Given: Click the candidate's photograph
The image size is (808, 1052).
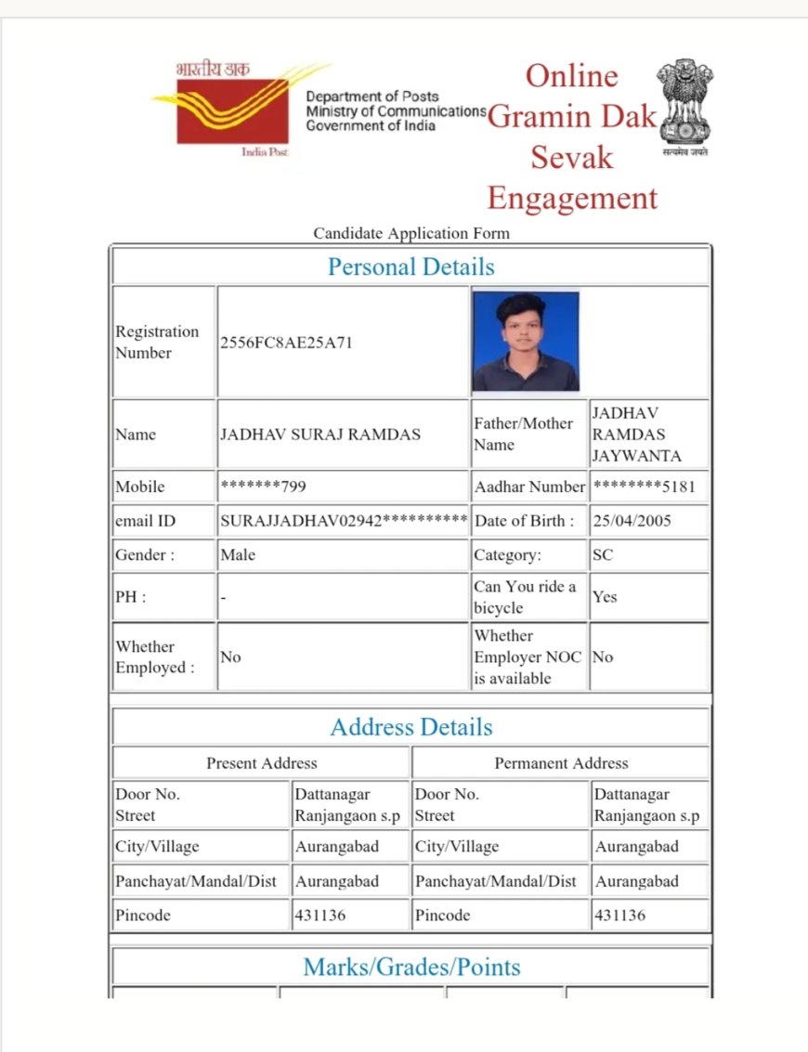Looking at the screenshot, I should [526, 341].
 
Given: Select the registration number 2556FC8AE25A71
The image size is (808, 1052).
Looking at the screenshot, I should [286, 343].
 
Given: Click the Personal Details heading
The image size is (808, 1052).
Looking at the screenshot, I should [411, 267].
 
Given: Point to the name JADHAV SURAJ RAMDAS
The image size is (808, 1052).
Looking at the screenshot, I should [319, 435].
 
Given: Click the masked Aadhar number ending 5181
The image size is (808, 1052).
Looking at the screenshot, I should [644, 487].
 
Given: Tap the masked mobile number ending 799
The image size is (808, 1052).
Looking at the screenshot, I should [263, 487].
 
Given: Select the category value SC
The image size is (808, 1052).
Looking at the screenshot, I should [603, 555].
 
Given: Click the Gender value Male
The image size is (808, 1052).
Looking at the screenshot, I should [238, 555].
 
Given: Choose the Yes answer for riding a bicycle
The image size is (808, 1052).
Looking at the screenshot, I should [605, 597].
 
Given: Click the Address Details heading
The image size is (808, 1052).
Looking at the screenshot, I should [411, 727].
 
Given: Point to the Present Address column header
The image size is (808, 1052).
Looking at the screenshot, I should [261, 763].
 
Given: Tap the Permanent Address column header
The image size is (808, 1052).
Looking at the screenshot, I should [561, 763].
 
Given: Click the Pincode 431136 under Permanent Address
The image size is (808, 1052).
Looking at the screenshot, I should [620, 916].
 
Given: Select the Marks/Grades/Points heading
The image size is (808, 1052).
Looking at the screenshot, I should [411, 968].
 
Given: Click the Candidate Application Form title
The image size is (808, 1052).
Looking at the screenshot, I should [411, 233].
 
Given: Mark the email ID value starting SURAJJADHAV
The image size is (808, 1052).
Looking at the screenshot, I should [343, 521].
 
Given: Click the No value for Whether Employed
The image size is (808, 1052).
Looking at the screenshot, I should [230, 657].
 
